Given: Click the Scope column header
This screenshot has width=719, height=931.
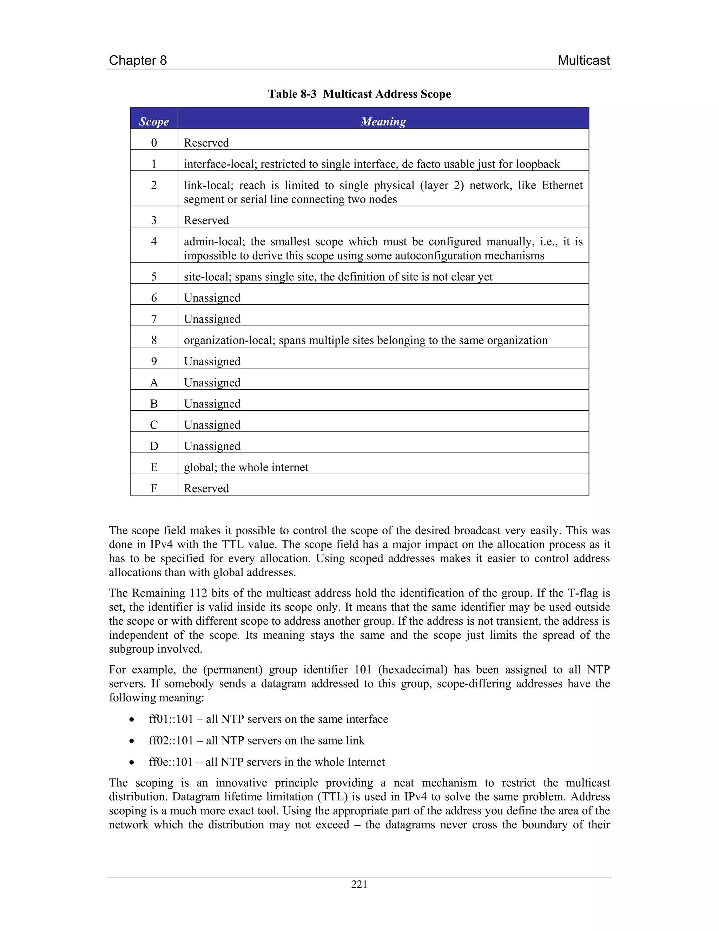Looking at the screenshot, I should tap(154, 121).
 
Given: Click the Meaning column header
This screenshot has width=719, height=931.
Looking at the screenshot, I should tap(383, 121).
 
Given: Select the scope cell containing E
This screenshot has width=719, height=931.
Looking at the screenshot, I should tap(154, 467).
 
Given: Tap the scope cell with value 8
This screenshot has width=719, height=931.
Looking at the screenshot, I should tap(154, 340).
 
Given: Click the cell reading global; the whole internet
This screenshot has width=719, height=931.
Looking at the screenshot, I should tap(246, 467).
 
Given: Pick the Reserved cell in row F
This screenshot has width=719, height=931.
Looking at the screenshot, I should tap(206, 488).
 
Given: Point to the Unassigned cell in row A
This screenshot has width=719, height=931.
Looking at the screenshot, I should tap(212, 382).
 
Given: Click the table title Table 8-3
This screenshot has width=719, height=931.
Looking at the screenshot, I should tap(292, 94).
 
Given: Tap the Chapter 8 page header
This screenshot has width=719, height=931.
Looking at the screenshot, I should tap(138, 60).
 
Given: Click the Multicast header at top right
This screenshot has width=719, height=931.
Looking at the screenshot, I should tap(583, 60).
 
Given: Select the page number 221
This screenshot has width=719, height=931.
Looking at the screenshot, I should tap(359, 884).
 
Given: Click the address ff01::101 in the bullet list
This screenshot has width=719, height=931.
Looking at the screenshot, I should tap(171, 719).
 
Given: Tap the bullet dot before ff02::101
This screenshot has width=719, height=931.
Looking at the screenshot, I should tap(132, 741).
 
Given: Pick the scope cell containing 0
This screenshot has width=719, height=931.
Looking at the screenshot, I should tap(154, 142).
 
